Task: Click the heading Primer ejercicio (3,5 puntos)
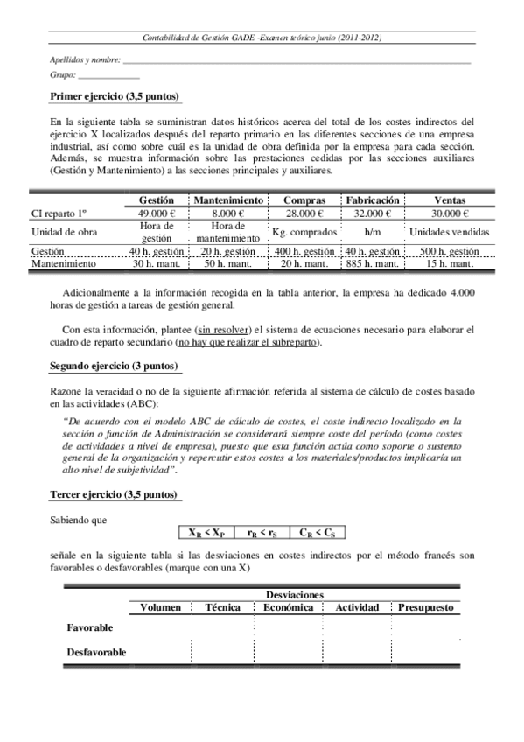pyautogui.click(x=115, y=96)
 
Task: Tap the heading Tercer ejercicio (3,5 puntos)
pyautogui.click(x=115, y=494)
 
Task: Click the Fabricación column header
pyautogui.click(x=373, y=200)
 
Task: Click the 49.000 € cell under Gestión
pyautogui.click(x=157, y=213)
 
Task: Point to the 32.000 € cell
pyautogui.click(x=373, y=213)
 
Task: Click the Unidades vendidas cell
pyautogui.click(x=449, y=232)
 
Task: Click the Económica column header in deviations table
pyautogui.click(x=289, y=606)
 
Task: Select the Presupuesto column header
pyautogui.click(x=426, y=606)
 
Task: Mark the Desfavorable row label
pyautogui.click(x=97, y=652)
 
